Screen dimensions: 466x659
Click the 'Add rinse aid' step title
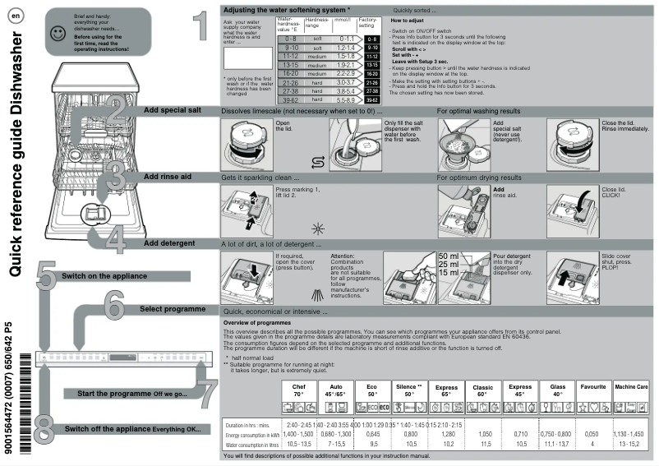(169, 177)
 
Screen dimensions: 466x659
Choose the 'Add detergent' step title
(169, 244)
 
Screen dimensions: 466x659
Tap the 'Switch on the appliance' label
(104, 276)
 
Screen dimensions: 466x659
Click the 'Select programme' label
(172, 309)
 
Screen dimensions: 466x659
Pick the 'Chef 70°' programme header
(299, 389)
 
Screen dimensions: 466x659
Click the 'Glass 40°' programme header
(557, 389)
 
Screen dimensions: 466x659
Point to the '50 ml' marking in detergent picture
(449, 256)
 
